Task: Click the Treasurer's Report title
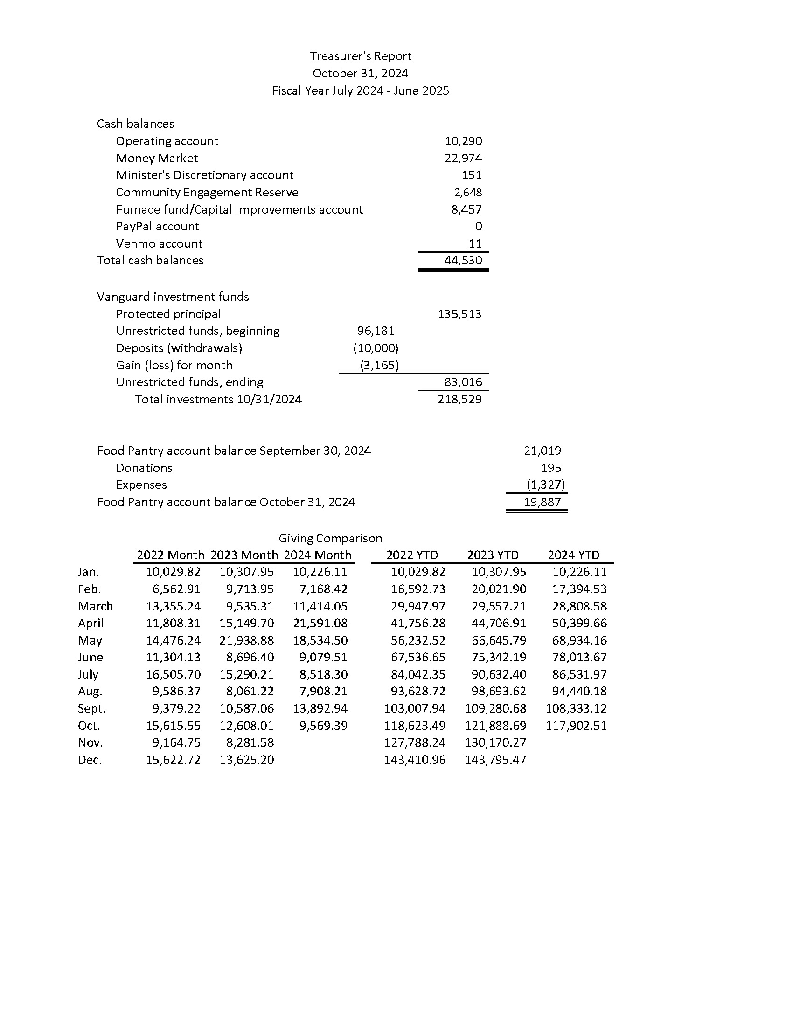tap(360, 56)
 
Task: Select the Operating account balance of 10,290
tap(463, 141)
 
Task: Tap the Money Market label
tap(157, 158)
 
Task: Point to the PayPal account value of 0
tap(478, 227)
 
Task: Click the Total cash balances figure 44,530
tap(463, 260)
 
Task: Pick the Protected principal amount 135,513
tap(459, 314)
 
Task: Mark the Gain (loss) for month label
tap(174, 365)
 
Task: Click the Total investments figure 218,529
tap(459, 399)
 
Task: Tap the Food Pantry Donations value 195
tap(550, 468)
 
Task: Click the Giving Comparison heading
tap(330, 538)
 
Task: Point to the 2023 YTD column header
tap(493, 555)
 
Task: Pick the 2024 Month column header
tap(318, 555)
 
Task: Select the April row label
tap(90, 624)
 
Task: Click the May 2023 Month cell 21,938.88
tap(247, 640)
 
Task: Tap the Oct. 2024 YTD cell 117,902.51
tap(576, 726)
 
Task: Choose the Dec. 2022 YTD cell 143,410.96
tap(414, 760)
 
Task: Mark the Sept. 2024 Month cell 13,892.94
tap(320, 708)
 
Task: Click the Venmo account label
tap(159, 243)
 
